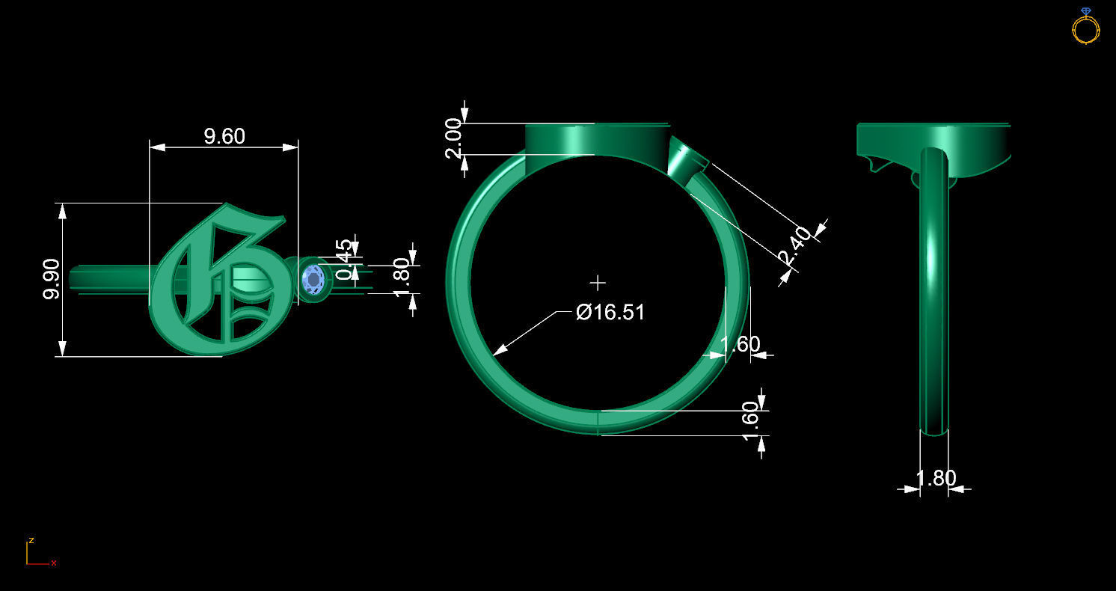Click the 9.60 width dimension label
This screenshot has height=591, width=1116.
[224, 136]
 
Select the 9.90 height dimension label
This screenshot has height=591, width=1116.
[51, 279]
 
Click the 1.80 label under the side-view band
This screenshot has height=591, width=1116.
[936, 478]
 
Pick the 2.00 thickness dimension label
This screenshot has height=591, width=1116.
[454, 138]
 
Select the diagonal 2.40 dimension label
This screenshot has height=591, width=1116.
[794, 246]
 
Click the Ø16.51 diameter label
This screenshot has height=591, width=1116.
[610, 312]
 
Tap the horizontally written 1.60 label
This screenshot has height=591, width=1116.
[740, 344]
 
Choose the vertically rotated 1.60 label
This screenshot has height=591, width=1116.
[750, 421]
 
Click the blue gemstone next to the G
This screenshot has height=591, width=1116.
[313, 280]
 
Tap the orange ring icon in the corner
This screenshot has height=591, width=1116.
[1085, 27]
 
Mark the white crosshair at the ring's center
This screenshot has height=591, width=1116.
[598, 283]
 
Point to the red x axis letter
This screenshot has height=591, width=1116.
[54, 563]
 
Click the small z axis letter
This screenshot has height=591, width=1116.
[31, 539]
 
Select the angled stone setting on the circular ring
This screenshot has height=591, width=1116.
[686, 159]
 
